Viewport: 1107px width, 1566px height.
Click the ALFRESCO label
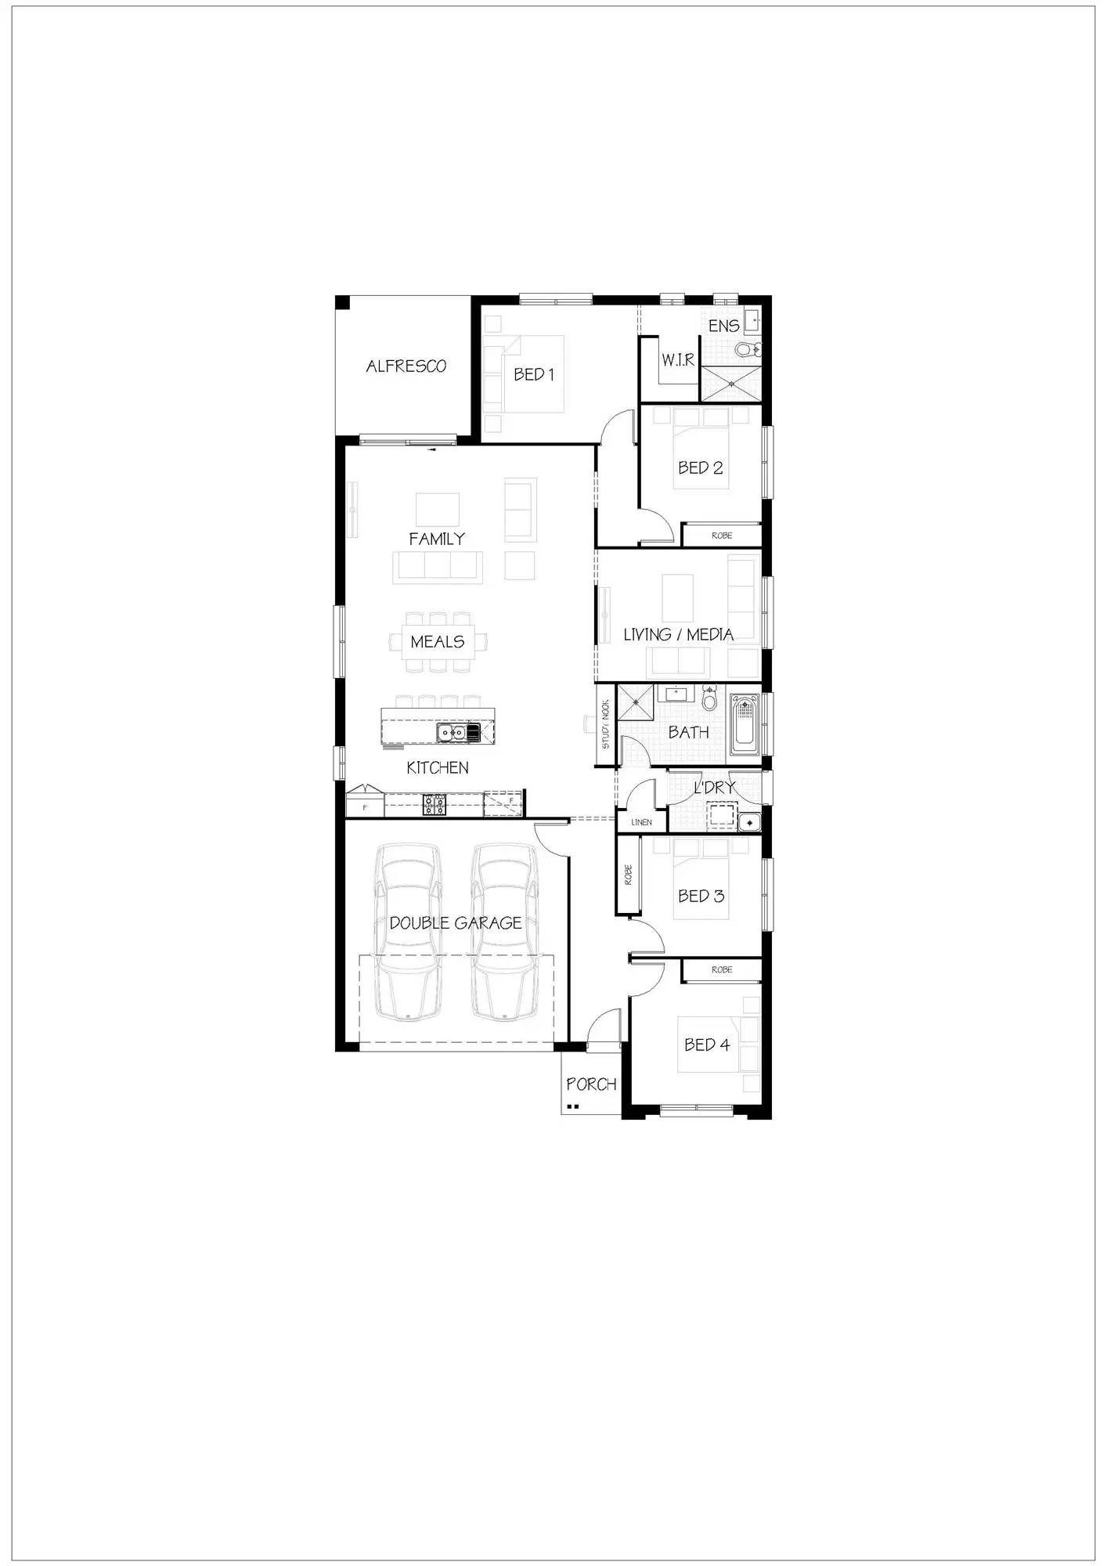coord(406,366)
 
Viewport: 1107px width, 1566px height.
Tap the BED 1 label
coord(534,374)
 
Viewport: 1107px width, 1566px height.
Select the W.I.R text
coord(678,360)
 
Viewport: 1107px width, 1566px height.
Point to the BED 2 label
coord(700,467)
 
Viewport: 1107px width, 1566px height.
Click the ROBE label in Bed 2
coord(722,536)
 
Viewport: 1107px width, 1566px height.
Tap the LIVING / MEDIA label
coord(678,634)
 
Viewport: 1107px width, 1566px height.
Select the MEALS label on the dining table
coord(437,641)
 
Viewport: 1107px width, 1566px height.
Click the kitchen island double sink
coord(451,733)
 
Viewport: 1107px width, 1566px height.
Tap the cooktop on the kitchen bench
coord(434,804)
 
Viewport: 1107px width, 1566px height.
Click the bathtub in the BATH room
coord(745,723)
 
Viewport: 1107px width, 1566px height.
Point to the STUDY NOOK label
coord(605,724)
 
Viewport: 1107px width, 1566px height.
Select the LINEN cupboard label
coord(641,822)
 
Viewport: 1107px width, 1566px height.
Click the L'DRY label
coord(714,788)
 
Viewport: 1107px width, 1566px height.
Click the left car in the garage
coord(408,932)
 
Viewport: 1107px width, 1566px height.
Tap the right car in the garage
coord(503,932)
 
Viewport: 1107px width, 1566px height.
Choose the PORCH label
coord(591,1084)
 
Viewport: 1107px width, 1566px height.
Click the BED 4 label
coord(706,1045)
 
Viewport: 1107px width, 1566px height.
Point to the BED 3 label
coord(701,896)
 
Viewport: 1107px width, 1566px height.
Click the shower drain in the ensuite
coord(732,384)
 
